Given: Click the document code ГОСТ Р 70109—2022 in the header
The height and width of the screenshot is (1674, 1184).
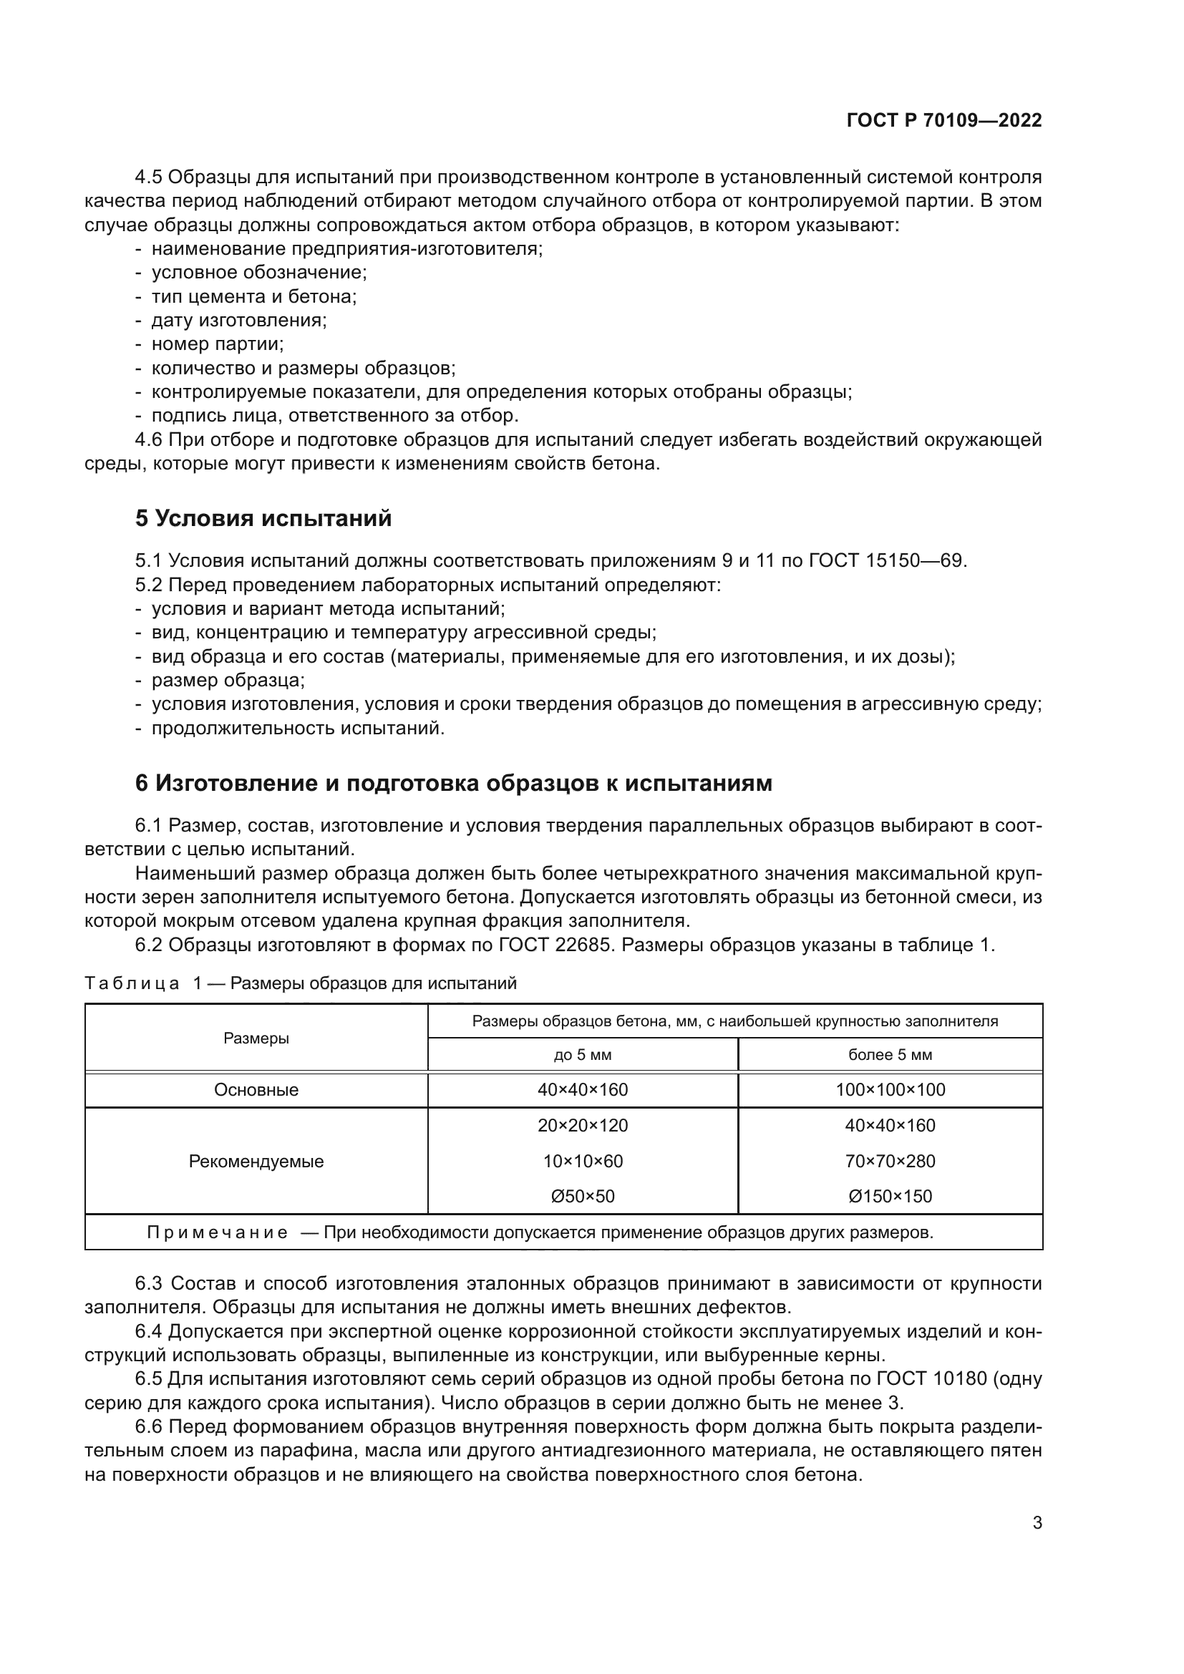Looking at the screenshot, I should click(944, 121).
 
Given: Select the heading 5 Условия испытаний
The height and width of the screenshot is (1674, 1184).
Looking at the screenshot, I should click(263, 518).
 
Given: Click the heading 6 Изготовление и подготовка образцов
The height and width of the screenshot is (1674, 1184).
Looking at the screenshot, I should click(452, 783).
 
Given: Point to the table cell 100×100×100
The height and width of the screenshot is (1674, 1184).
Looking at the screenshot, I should click(890, 1090).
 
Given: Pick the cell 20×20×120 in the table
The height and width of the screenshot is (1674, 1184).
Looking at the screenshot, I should click(583, 1125).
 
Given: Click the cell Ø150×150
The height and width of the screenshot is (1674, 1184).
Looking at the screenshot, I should click(890, 1196).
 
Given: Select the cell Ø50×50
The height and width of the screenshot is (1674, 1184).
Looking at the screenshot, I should click(583, 1196).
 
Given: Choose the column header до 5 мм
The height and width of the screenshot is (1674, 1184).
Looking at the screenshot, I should click(583, 1055).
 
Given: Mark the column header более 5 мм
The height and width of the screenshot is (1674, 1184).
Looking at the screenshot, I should click(890, 1055).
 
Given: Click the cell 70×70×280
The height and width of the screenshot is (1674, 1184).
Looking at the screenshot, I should click(890, 1161).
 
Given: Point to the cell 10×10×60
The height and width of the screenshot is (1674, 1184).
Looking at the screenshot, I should click(583, 1161).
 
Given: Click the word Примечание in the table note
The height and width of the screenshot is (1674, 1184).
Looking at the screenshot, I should click(218, 1232).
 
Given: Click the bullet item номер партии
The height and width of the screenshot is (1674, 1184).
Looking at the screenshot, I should click(218, 344).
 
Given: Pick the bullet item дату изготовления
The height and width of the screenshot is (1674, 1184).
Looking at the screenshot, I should click(239, 320).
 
